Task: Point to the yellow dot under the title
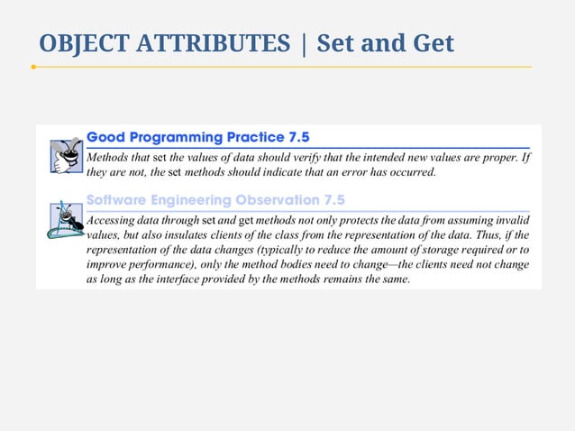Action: coord(33,67)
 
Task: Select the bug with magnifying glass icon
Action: coord(64,220)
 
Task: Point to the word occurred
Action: coord(409,171)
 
